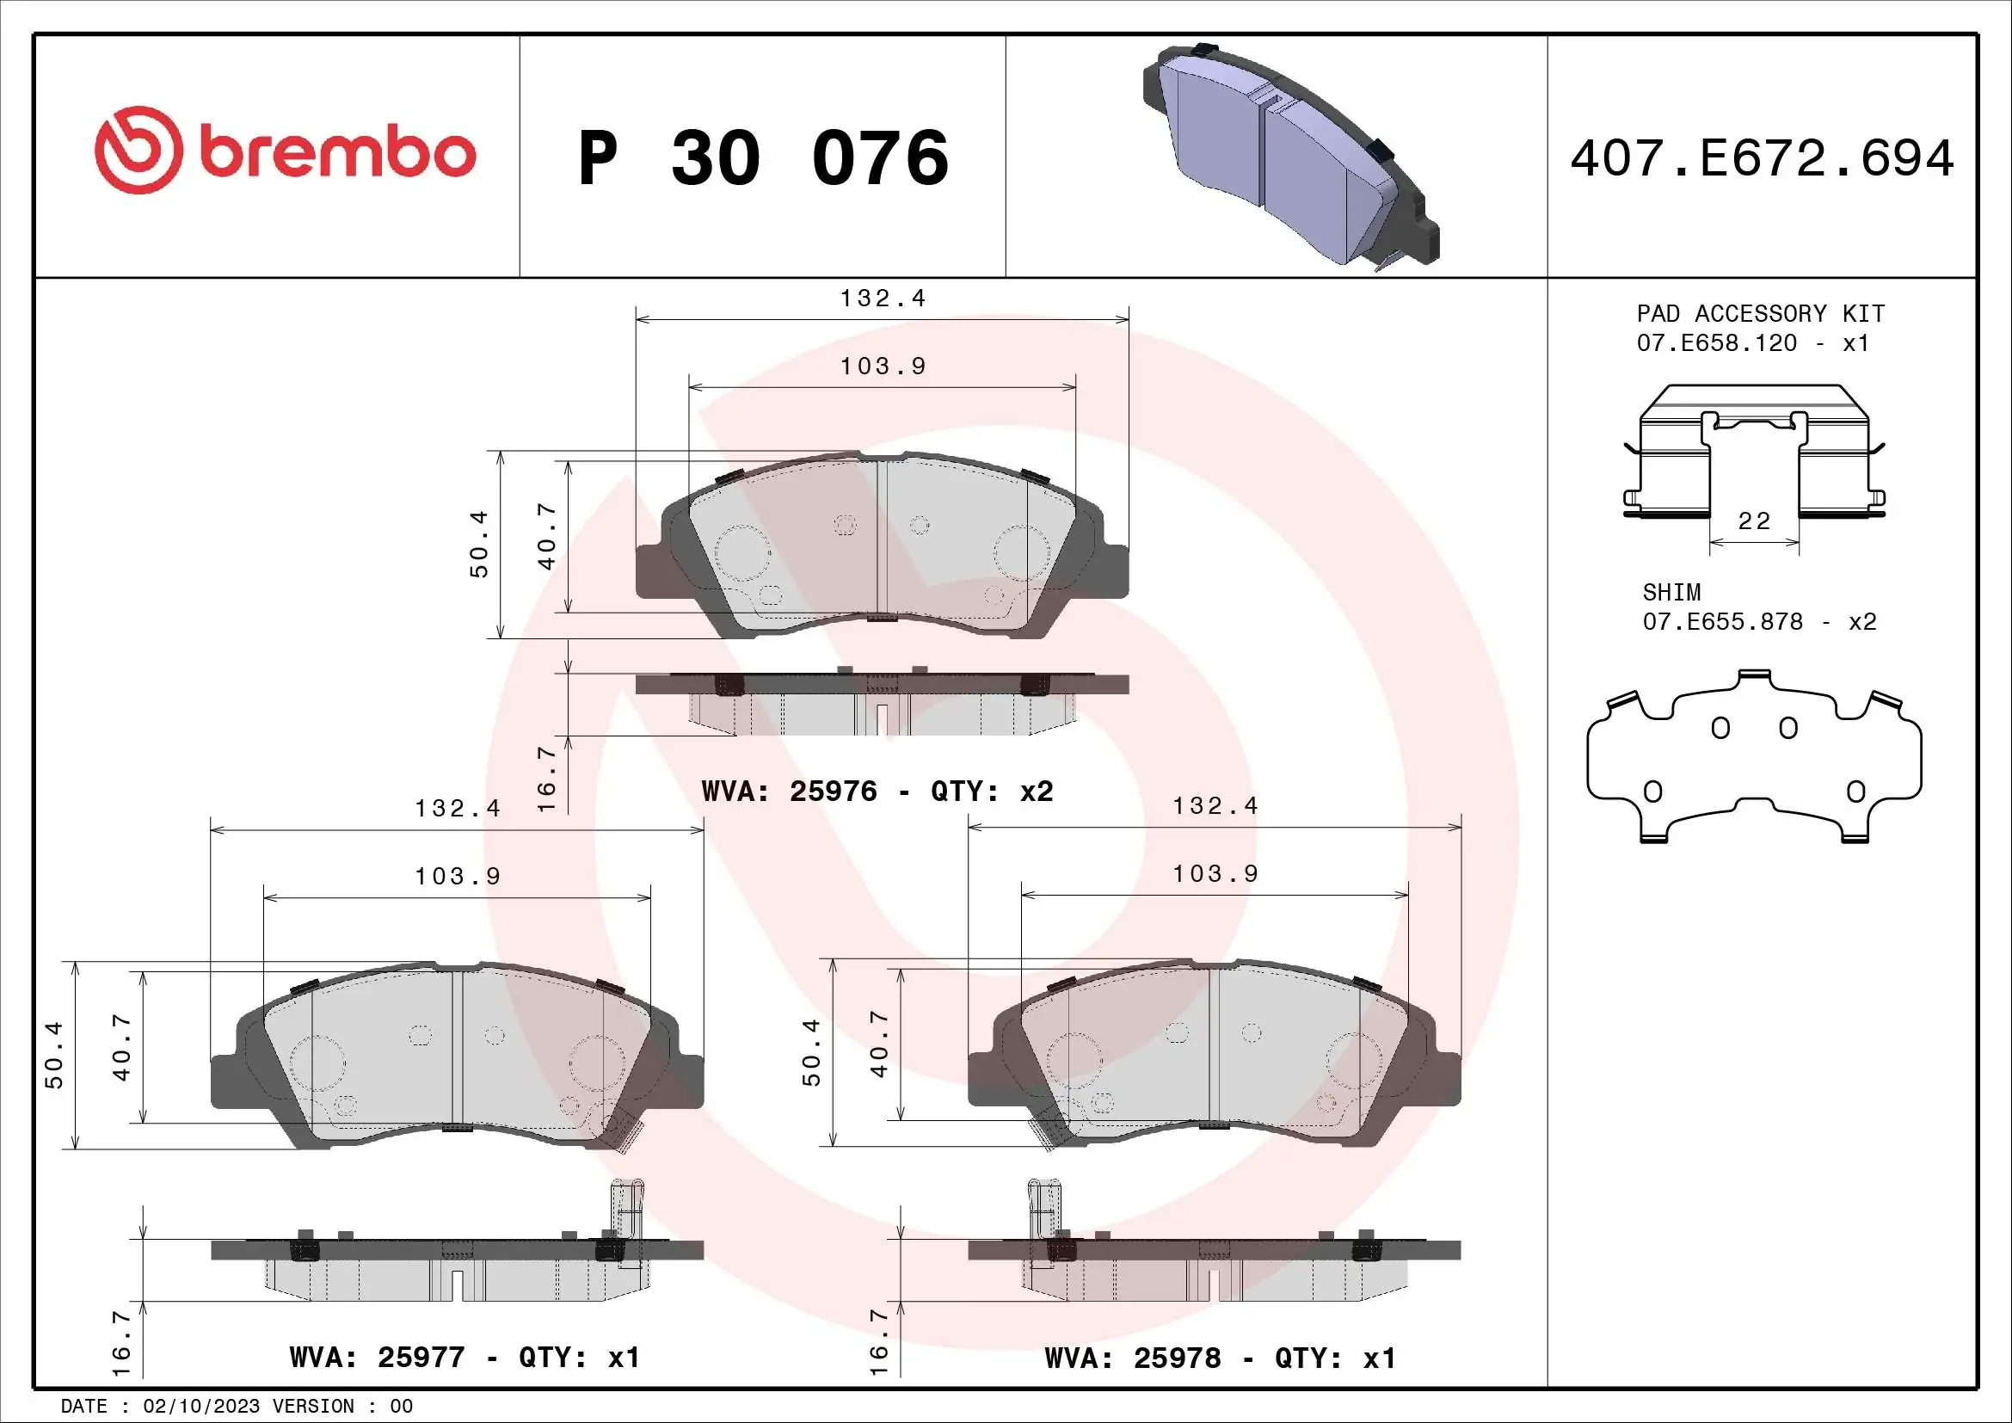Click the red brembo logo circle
138,151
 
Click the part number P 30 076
762,157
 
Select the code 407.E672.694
1762,158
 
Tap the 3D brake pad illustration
1289,153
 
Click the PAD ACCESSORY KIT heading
1760,314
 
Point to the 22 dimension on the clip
1753,521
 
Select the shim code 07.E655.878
1722,622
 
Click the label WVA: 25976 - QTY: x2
877,792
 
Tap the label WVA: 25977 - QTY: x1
465,1358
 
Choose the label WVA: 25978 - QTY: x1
1220,1358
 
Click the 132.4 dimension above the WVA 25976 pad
883,299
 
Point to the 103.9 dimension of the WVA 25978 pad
1215,873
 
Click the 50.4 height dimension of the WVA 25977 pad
54,1055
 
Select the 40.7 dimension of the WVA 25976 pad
547,536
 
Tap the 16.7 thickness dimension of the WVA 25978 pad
879,1340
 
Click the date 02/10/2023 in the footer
200,1407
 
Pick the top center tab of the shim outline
1753,675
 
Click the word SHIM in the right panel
1671,592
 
